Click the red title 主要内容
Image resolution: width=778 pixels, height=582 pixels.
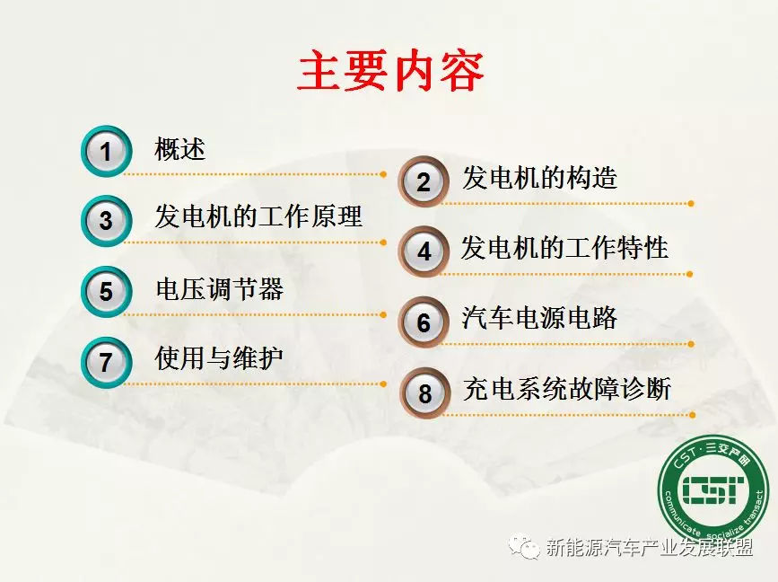click(391, 71)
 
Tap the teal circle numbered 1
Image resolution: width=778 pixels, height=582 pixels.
click(106, 151)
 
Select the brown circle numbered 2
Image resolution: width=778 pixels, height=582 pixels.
click(424, 181)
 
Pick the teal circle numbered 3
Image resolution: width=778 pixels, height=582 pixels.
click(106, 220)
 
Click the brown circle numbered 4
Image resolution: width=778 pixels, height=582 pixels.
click(424, 251)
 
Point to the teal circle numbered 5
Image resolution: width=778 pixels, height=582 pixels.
click(106, 292)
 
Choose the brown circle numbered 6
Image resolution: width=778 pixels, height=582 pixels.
click(424, 322)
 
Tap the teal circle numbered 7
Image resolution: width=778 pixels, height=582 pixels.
click(106, 363)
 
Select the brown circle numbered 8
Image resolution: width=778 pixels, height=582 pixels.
click(424, 393)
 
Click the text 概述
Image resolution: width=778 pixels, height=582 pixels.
click(180, 148)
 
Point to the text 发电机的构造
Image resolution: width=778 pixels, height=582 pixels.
click(539, 178)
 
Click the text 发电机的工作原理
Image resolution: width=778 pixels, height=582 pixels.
click(258, 216)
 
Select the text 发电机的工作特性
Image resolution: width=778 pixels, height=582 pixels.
click(564, 248)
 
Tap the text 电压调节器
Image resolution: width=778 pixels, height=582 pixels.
click(219, 289)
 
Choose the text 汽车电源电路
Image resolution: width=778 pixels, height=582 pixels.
click(539, 318)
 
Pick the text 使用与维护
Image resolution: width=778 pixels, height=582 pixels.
click(219, 358)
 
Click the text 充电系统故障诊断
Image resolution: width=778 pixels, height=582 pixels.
click(567, 389)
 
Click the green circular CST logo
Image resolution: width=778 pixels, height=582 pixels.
click(713, 490)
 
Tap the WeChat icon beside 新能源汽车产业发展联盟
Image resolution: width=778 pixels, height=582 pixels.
click(524, 546)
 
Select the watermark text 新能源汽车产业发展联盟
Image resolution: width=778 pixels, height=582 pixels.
click(650, 547)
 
